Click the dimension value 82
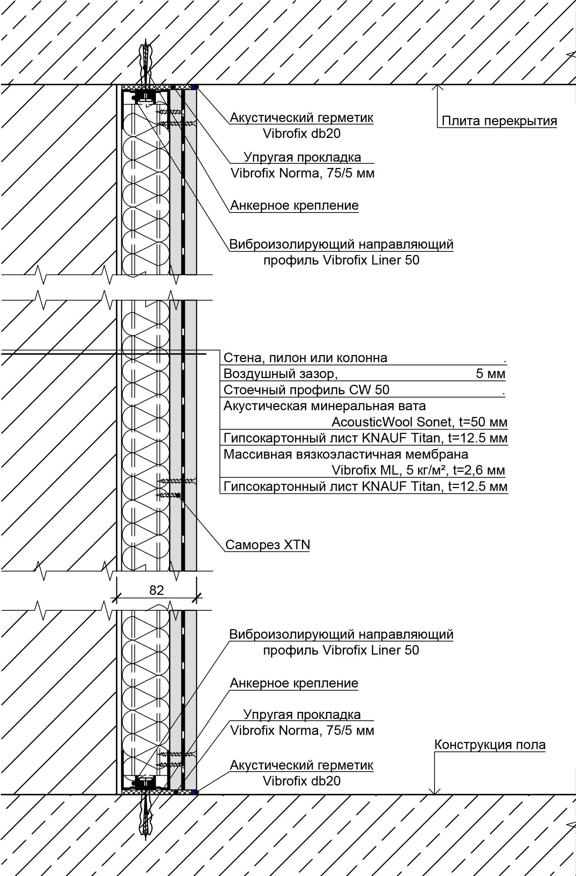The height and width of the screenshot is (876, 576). pos(156,590)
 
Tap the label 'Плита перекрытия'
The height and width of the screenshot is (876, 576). pos(499,121)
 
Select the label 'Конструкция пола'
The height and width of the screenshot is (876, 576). pos(489,745)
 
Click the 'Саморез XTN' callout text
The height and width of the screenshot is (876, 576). pos(268,545)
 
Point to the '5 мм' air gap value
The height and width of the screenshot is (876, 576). pos(490,373)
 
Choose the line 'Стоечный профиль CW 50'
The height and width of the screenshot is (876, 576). pos(306,390)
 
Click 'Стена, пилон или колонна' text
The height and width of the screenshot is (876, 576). pos(305,358)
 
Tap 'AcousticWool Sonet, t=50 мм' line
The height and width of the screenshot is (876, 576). pos(419,422)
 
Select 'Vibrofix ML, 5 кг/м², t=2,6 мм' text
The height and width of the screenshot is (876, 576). pos(418,470)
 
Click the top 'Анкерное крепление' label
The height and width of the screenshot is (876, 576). pos(294,205)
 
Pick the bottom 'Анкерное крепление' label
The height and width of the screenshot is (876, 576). pos(294,684)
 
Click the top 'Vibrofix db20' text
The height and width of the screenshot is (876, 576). pos(301,134)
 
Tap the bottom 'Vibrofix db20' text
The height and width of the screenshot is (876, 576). pos(301,781)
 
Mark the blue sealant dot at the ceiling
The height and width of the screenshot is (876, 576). pos(194,87)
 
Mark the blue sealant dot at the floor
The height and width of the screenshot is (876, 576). pos(194,792)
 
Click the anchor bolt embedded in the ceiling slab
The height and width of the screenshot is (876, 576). pos(146,61)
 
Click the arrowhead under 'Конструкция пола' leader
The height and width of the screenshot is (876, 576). pos(435,791)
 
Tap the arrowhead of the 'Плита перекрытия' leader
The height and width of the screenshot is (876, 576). pos(437,88)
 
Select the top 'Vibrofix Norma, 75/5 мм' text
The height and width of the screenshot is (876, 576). pos(302,173)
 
